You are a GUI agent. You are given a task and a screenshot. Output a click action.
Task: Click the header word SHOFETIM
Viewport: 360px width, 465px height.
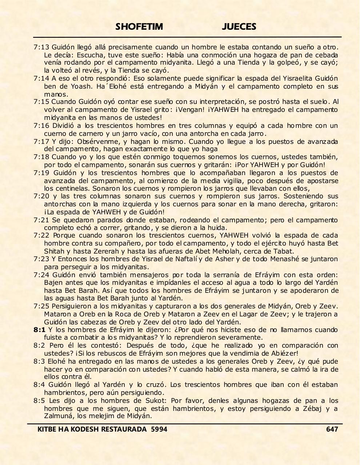139,27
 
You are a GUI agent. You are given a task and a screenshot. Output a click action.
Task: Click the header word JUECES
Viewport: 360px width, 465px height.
239,27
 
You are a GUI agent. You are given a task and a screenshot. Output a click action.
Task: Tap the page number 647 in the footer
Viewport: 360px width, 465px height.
332,429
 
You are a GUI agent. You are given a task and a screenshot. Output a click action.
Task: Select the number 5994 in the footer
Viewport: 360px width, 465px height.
159,429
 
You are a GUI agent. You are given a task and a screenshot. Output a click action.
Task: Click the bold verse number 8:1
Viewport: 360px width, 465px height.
39,330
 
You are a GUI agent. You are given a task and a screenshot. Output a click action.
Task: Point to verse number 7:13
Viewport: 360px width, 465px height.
41,47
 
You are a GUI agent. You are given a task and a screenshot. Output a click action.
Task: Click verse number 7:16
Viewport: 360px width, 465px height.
41,126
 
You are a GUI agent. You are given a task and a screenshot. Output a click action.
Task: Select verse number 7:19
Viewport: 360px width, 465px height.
41,173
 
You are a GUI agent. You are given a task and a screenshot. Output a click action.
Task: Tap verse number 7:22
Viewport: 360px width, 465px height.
41,235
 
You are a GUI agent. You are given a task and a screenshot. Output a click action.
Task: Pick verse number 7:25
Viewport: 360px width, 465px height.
41,306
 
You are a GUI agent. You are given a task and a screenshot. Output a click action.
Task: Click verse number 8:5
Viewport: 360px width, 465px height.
39,400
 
